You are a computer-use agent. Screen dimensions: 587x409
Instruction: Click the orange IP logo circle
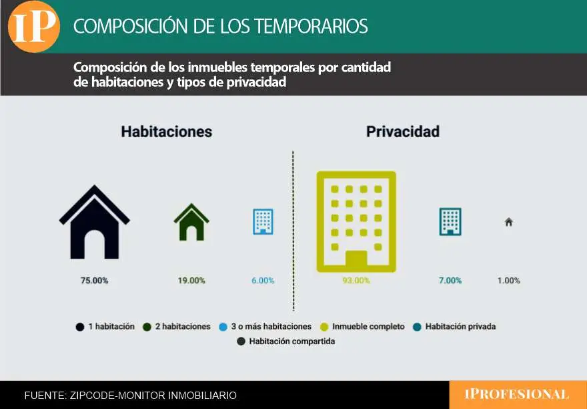click(34, 27)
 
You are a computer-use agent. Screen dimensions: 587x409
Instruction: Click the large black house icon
click(94, 225)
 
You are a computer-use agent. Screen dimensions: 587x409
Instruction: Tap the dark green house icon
click(191, 222)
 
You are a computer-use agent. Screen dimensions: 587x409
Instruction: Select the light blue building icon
click(263, 222)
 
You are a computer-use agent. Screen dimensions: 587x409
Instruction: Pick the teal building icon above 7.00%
click(450, 221)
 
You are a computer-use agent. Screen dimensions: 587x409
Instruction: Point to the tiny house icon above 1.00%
click(508, 222)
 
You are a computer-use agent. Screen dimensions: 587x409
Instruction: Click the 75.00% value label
click(94, 280)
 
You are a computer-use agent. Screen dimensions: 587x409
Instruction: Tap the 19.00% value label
click(191, 280)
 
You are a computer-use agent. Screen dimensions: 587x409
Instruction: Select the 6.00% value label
click(263, 280)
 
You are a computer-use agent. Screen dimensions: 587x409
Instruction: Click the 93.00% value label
click(356, 280)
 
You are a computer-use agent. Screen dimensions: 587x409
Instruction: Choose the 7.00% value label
click(450, 280)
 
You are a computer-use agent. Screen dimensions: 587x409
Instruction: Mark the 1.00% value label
click(508, 280)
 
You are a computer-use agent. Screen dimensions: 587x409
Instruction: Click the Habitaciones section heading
click(167, 132)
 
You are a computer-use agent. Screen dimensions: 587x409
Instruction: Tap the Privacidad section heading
click(403, 132)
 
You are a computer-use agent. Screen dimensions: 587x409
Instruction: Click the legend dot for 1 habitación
click(80, 327)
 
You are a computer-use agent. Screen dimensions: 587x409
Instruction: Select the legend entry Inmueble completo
click(362, 327)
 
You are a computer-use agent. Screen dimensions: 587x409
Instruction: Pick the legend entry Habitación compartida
click(286, 342)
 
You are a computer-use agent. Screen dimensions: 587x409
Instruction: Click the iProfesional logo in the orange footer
click(516, 394)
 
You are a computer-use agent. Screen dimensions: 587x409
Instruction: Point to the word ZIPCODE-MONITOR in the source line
click(117, 396)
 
